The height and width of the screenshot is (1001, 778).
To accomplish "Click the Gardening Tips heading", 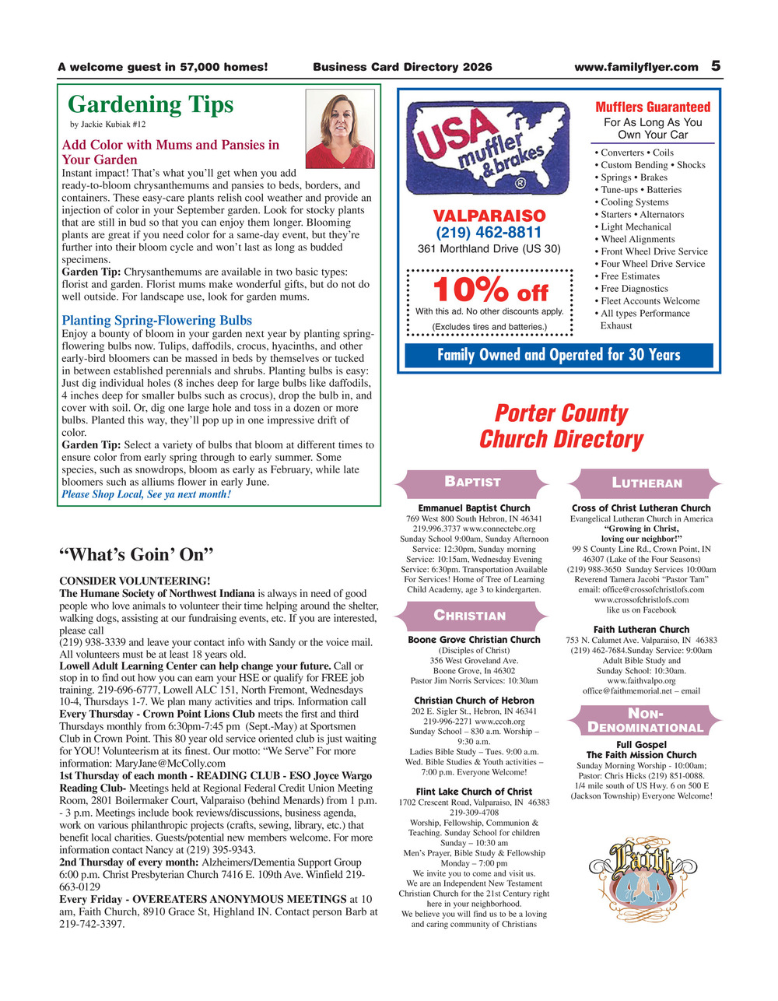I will tap(150, 104).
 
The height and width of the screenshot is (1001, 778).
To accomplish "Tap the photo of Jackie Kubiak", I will tap(339, 128).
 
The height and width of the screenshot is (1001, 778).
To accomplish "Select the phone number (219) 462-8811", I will tap(489, 232).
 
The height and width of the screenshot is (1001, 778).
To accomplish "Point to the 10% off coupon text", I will tap(490, 291).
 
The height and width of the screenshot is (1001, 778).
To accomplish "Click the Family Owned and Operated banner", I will tap(559, 355).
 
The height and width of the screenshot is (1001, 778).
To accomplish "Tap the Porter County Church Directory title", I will tap(561, 426).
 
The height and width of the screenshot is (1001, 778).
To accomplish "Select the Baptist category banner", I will tap(472, 482).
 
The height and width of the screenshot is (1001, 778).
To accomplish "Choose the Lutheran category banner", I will tap(647, 483).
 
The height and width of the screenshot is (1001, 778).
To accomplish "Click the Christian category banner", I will tap(469, 616).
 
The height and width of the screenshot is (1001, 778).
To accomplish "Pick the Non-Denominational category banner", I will tap(645, 720).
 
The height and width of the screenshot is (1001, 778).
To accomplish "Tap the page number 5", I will tap(716, 66).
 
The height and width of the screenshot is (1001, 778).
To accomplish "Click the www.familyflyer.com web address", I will tap(636, 67).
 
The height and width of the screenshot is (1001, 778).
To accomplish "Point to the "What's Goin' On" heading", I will tap(136, 554).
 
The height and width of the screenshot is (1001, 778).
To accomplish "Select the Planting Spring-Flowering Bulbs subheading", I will tap(156, 320).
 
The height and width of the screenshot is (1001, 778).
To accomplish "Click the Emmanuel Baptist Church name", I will tap(474, 508).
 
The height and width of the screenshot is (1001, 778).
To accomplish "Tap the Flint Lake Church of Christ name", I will tap(474, 792).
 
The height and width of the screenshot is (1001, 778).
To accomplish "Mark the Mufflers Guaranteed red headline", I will tap(653, 107).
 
